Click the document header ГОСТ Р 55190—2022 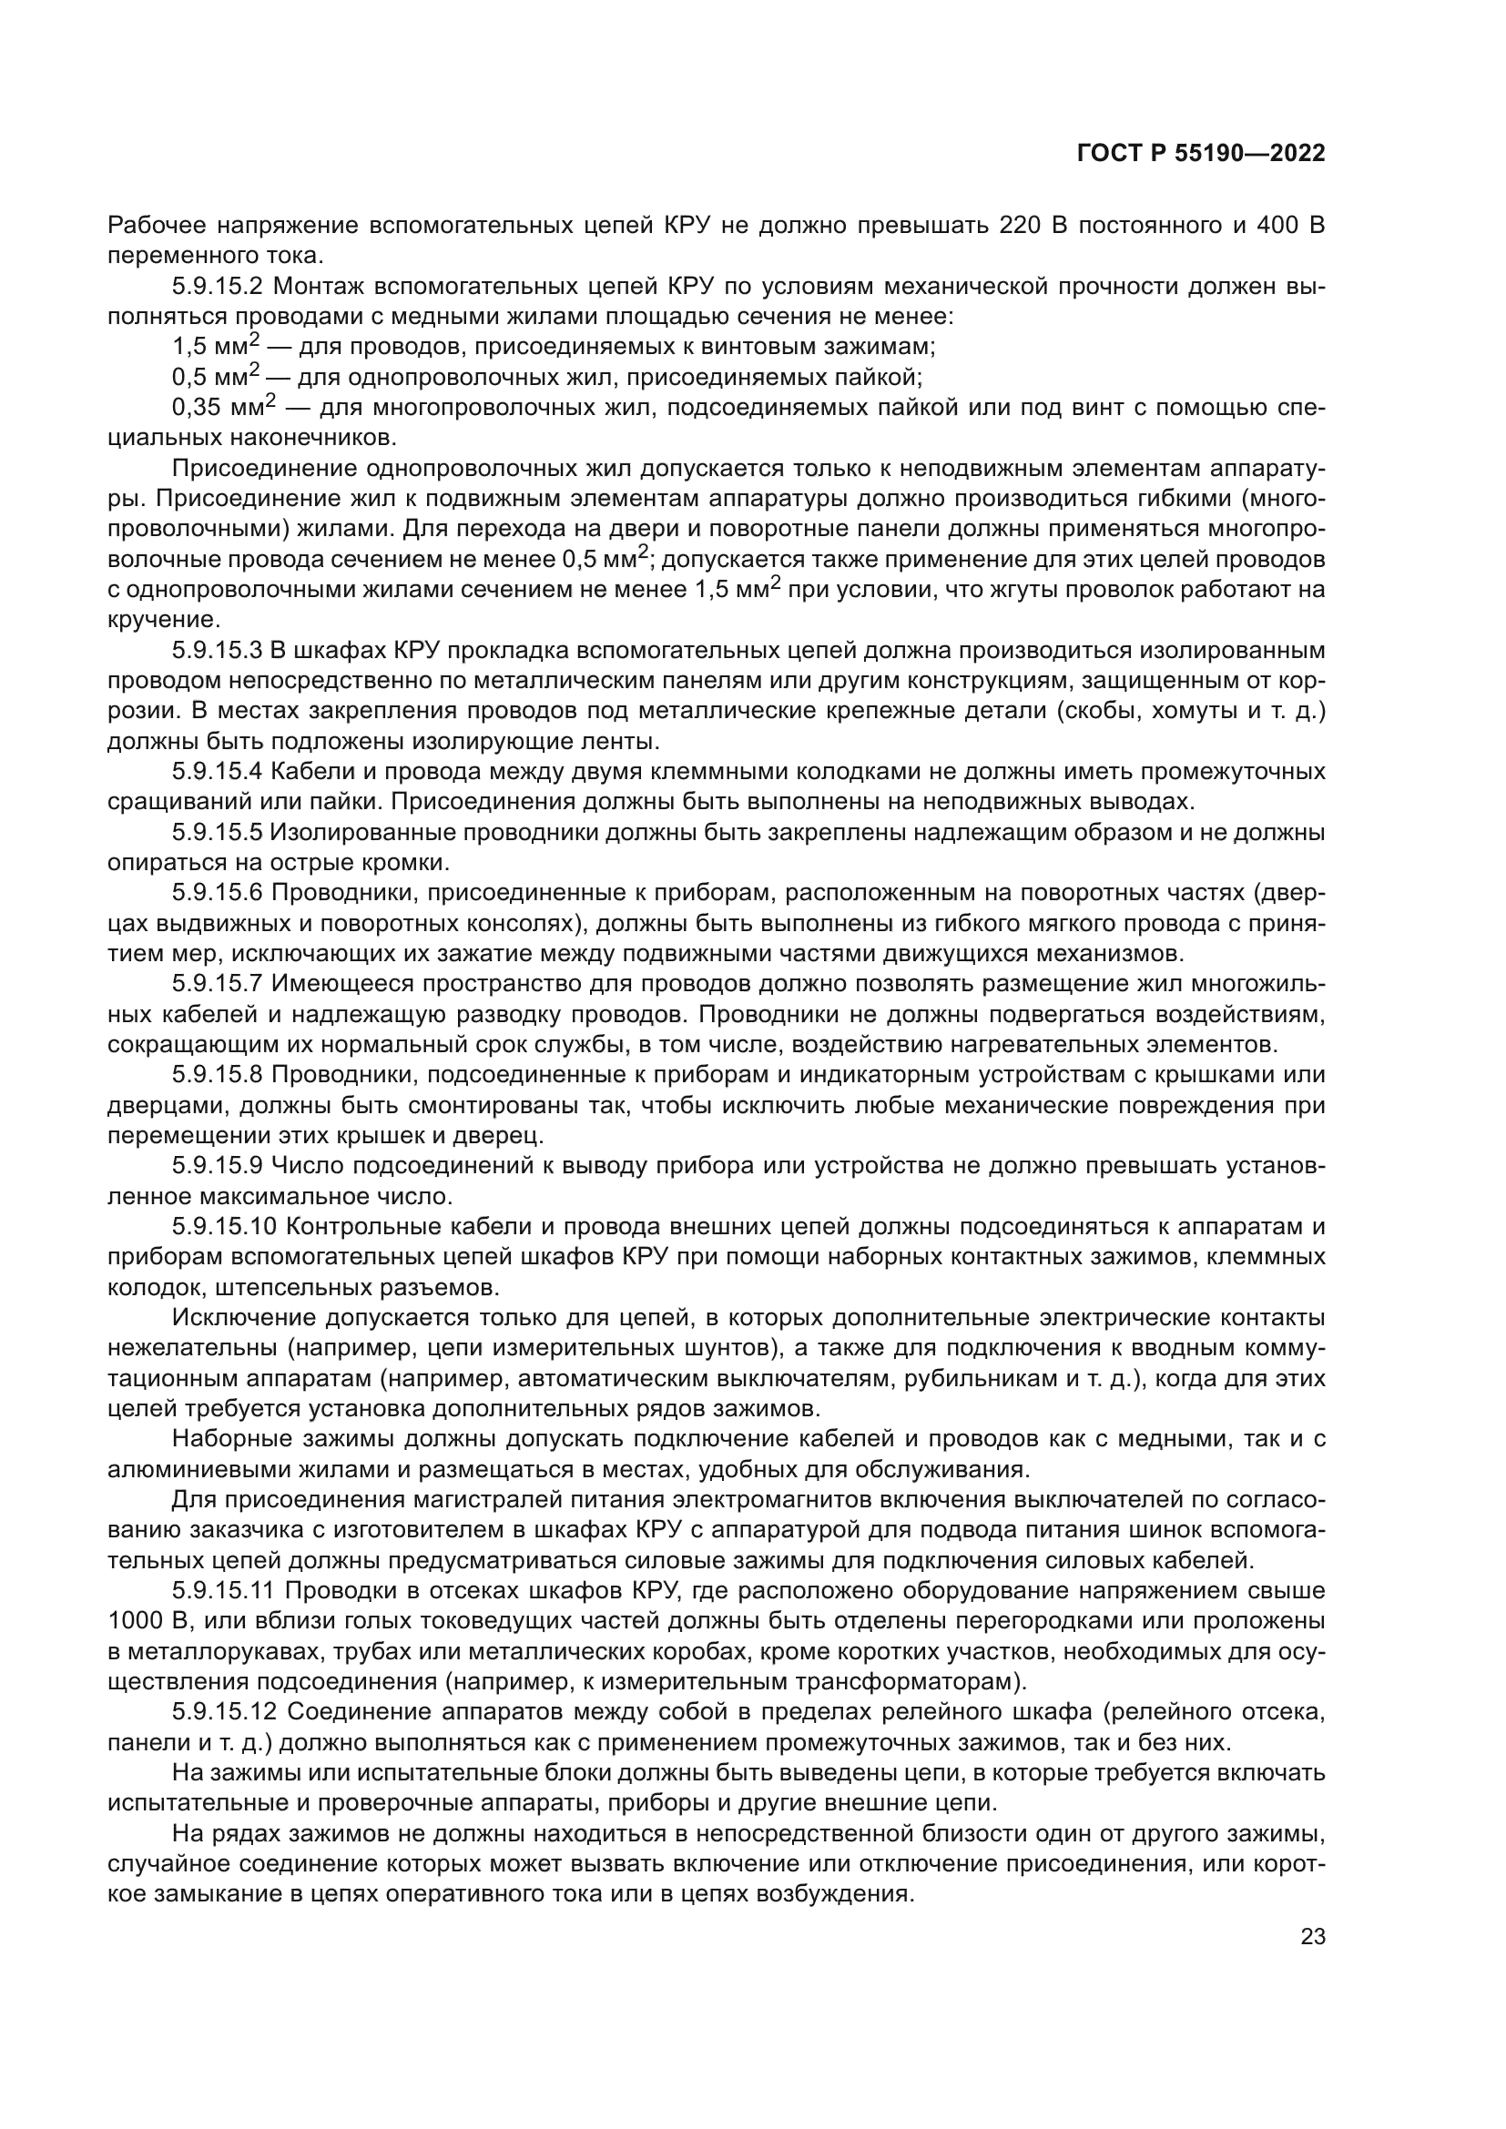tap(1201, 154)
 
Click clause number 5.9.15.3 tap(218, 650)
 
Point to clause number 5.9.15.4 tap(218, 772)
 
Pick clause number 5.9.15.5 tap(218, 833)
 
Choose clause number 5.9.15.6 tap(218, 893)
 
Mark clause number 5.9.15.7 tap(218, 984)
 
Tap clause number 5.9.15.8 tap(218, 1075)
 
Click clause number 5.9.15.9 tap(218, 1166)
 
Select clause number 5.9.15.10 tap(224, 1227)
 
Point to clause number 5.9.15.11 tap(223, 1591)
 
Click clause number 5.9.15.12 tap(224, 1713)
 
